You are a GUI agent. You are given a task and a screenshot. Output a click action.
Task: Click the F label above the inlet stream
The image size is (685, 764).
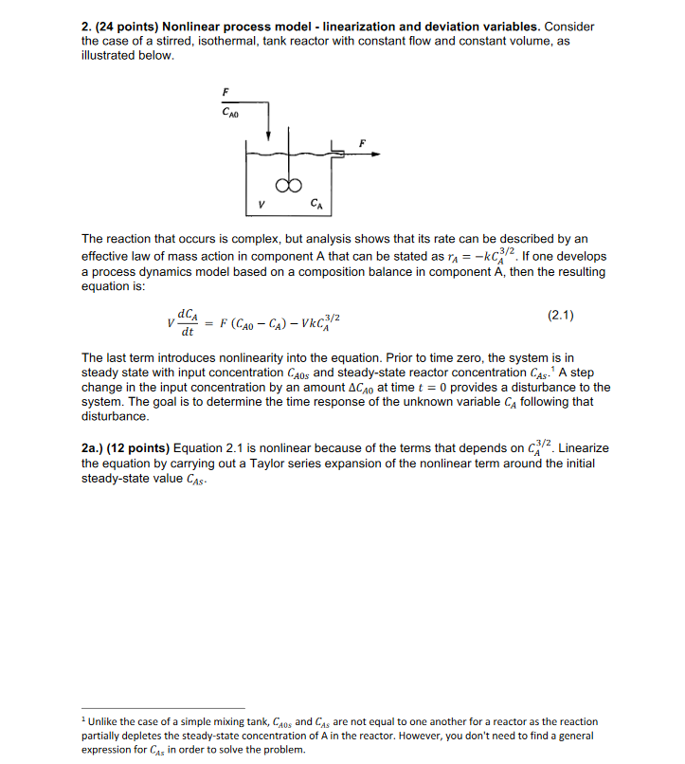tap(225, 90)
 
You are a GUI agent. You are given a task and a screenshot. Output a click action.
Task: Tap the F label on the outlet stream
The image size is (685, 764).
tap(360, 142)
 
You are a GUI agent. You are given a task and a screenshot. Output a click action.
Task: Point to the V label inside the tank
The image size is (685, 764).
tap(260, 203)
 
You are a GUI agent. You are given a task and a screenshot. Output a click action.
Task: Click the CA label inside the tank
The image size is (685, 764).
tap(315, 202)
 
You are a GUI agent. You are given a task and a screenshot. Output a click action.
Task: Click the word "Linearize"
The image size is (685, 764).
tap(584, 447)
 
